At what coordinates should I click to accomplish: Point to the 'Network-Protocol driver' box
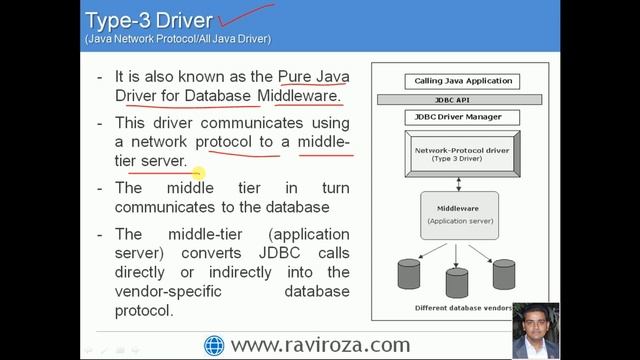[458, 153]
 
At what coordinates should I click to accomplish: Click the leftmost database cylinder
[408, 273]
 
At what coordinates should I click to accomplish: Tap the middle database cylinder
[457, 281]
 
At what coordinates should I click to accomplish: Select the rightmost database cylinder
[504, 273]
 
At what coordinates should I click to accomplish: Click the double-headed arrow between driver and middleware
[458, 184]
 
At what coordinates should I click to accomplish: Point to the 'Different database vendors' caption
[458, 309]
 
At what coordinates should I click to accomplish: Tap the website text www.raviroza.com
[320, 345]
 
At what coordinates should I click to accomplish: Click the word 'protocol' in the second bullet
[233, 142]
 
